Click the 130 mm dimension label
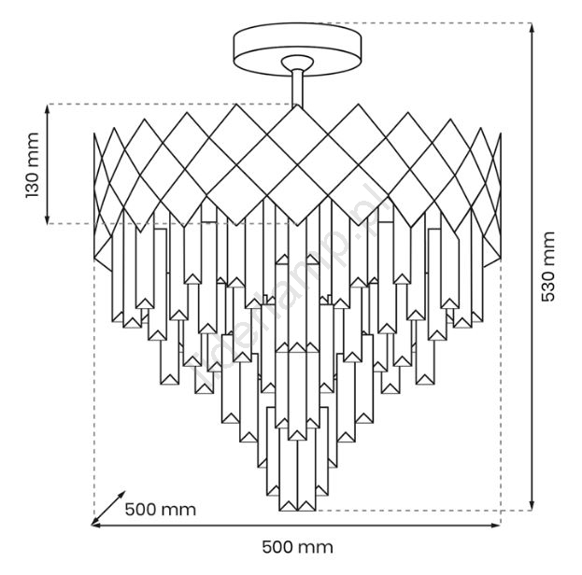point(31,165)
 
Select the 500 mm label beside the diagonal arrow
point(160,510)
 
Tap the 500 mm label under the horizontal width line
point(296,547)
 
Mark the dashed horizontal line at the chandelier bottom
point(420,511)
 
